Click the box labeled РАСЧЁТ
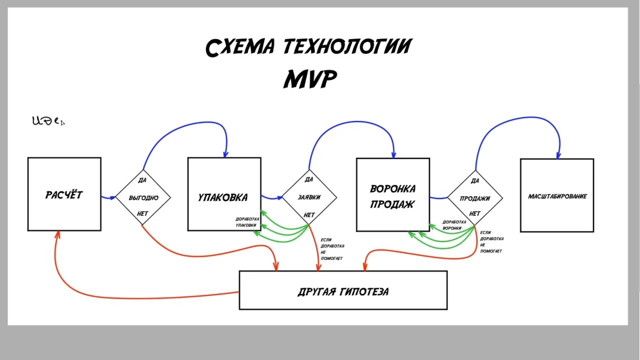(x=64, y=194)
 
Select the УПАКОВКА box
(x=224, y=194)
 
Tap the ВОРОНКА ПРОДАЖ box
(x=392, y=195)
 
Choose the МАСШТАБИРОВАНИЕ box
(x=557, y=195)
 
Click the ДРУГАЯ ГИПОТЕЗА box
(x=343, y=290)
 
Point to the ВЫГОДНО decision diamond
(x=143, y=197)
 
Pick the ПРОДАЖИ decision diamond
(x=475, y=198)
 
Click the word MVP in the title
(x=310, y=79)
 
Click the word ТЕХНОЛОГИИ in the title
(x=347, y=46)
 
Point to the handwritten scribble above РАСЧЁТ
(x=47, y=120)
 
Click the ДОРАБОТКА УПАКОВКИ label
(x=246, y=222)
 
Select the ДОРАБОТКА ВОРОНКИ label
(x=454, y=224)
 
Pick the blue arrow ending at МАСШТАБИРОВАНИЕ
(x=520, y=118)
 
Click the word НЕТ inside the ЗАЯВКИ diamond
(x=309, y=215)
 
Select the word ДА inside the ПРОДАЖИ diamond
(x=475, y=180)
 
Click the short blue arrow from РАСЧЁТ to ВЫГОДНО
(x=108, y=197)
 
